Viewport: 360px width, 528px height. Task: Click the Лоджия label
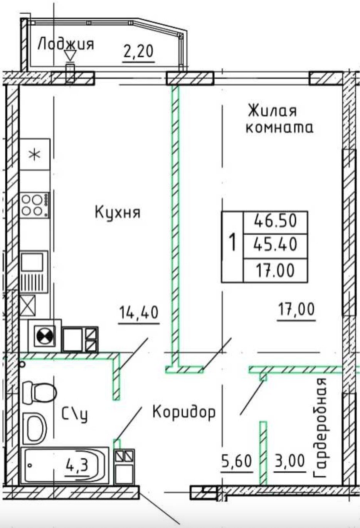(x=66, y=44)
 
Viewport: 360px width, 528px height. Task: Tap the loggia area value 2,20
(x=138, y=51)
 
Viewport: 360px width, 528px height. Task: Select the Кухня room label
(x=118, y=212)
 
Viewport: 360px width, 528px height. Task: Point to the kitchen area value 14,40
(x=139, y=312)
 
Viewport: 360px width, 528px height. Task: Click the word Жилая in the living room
(x=272, y=111)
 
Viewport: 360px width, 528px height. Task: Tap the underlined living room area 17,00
(x=296, y=309)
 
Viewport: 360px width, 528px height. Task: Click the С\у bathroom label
(x=75, y=415)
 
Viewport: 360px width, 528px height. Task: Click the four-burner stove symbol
(x=35, y=205)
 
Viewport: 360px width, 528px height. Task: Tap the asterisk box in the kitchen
(x=35, y=155)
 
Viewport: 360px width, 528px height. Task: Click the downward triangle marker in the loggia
(x=70, y=56)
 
